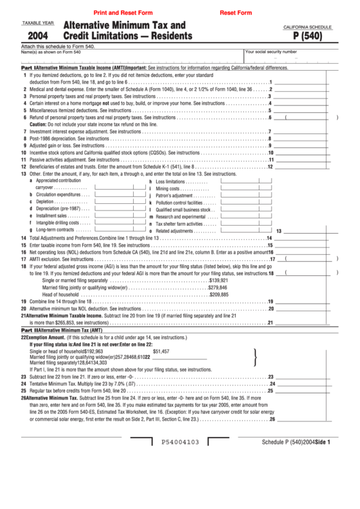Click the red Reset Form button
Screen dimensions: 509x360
[236, 13]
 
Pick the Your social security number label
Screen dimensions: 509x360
[271, 52]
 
